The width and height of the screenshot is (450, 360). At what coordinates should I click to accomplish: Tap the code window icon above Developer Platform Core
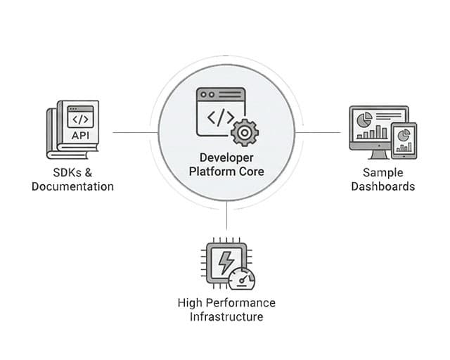[x=221, y=110]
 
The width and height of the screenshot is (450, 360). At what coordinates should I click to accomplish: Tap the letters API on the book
[x=79, y=135]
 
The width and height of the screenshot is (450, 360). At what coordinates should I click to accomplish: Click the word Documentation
[x=72, y=186]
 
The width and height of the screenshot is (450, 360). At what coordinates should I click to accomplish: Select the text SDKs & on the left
[x=72, y=173]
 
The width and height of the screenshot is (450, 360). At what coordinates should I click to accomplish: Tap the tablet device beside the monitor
[x=404, y=139]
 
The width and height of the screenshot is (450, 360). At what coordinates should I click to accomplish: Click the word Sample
[x=382, y=173]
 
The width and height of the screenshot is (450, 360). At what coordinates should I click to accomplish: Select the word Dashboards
[x=382, y=186]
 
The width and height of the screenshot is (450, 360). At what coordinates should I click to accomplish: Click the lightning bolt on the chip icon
[x=226, y=262]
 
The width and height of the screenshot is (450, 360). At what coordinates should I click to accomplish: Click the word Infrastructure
[x=226, y=316]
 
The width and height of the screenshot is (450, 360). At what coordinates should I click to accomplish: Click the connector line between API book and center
[x=134, y=131]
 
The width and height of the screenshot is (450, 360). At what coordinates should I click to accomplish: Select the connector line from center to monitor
[x=320, y=131]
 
